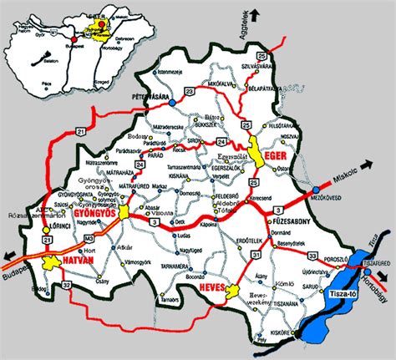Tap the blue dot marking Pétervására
[170, 106]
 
